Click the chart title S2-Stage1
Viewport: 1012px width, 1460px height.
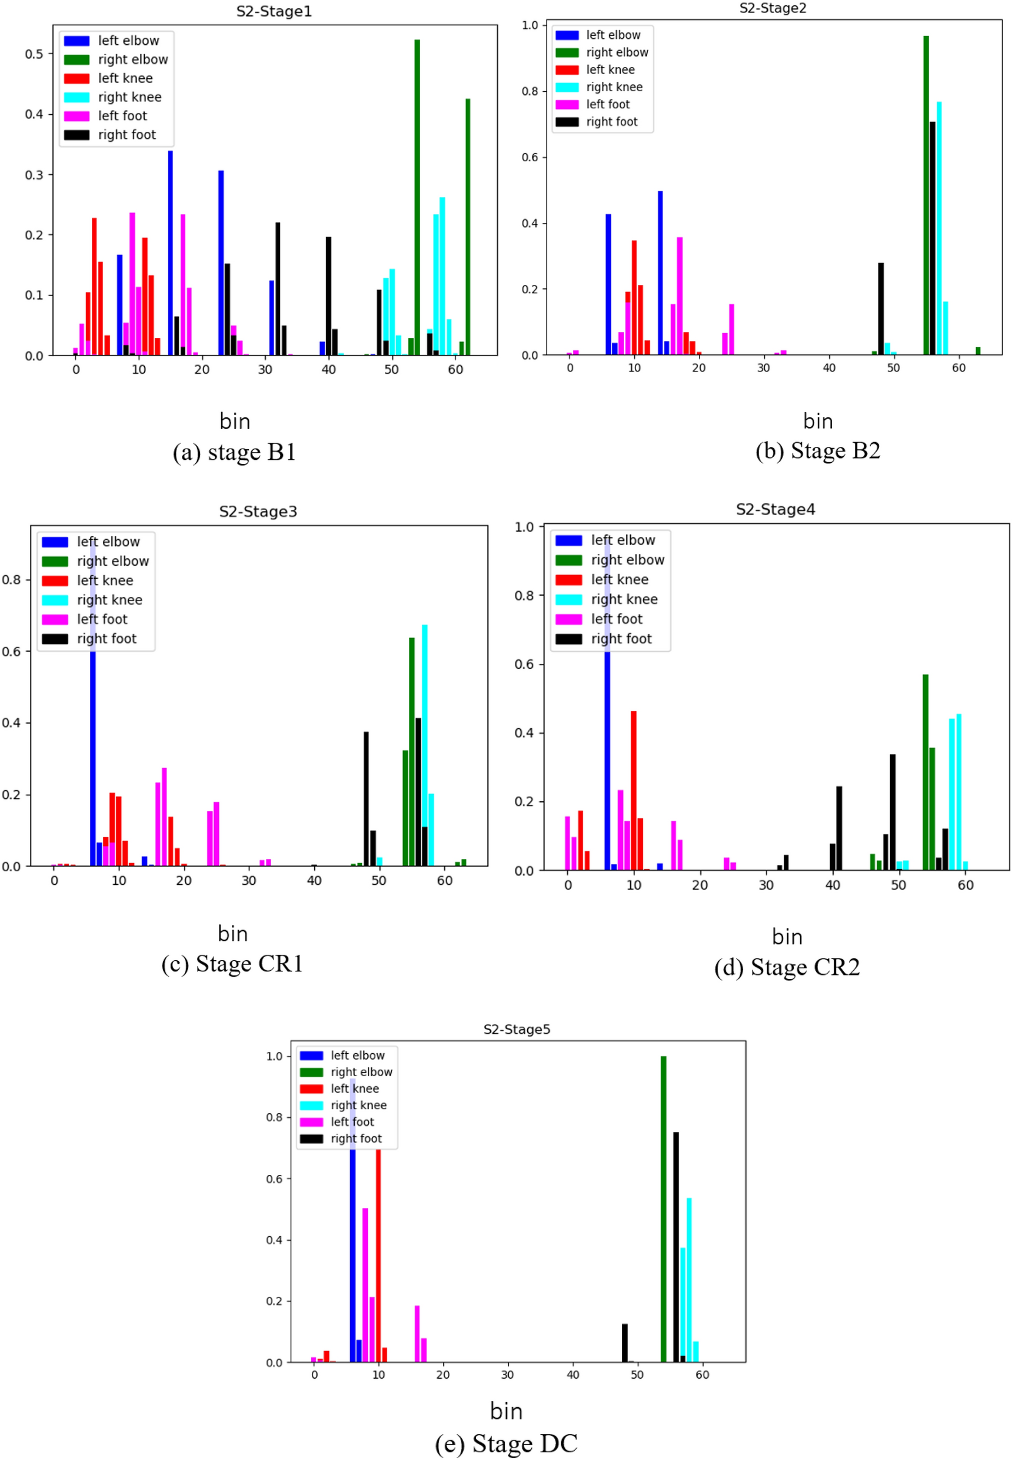[x=274, y=11]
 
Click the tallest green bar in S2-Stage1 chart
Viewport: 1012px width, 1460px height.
[x=417, y=197]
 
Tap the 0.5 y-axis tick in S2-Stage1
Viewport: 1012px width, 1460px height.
[x=34, y=54]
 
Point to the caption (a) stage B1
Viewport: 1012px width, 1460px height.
[x=234, y=452]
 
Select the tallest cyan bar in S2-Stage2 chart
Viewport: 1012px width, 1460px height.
[x=939, y=228]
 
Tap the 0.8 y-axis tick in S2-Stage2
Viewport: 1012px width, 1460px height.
[x=530, y=91]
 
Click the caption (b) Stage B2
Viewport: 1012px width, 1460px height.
[x=817, y=450]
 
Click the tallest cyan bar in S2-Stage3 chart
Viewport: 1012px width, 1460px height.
[x=425, y=745]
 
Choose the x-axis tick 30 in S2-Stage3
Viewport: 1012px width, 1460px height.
[x=248, y=881]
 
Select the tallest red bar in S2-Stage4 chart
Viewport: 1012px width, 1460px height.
[x=634, y=790]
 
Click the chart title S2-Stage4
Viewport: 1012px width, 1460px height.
[x=775, y=509]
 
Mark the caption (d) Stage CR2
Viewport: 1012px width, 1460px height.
[x=787, y=967]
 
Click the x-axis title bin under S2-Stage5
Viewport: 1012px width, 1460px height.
[x=506, y=1411]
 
